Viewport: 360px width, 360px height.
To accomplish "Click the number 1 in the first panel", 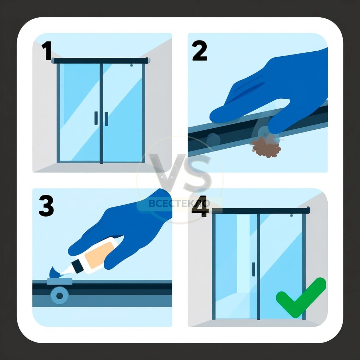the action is pos(47,51).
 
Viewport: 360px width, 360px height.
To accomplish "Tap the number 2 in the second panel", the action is pos(200,51).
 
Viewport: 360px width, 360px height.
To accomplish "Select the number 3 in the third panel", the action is pos(46,206).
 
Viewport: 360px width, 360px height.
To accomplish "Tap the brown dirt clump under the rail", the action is pos(266,147).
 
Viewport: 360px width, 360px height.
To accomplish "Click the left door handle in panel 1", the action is pos(96,118).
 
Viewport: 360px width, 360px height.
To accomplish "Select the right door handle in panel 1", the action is pos(106,119).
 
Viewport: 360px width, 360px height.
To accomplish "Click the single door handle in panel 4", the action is pos(253,269).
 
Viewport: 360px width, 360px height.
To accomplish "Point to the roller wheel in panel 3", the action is pos(59,296).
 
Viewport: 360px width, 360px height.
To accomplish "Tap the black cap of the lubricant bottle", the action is pos(77,266).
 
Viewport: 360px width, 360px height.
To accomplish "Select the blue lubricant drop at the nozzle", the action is pos(54,272).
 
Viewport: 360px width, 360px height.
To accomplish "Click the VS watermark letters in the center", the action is pos(180,173).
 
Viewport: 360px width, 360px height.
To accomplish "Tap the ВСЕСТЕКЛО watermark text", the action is pos(179,204).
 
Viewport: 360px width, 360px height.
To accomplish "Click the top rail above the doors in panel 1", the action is pos(101,60).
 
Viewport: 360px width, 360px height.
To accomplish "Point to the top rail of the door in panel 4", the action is pos(261,211).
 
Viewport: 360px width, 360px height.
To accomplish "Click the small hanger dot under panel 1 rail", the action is pos(131,65).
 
